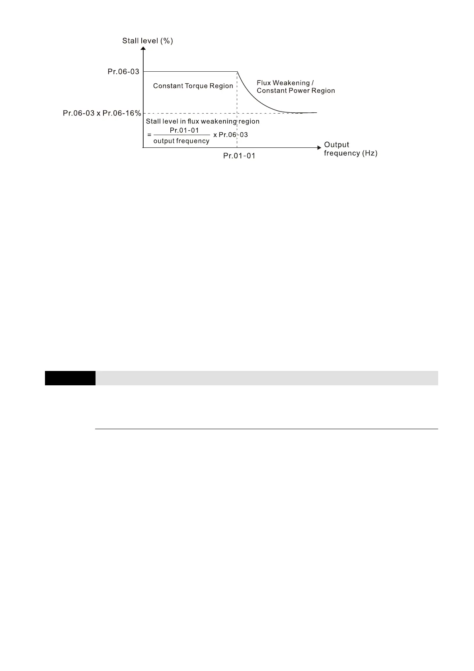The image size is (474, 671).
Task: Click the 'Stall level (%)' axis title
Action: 147,41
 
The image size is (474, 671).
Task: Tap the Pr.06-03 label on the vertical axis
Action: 123,72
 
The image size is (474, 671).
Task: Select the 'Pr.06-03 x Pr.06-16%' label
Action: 102,113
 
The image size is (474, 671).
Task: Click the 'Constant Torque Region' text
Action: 193,86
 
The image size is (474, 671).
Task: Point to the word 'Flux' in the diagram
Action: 263,83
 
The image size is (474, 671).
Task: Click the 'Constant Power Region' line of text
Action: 296,91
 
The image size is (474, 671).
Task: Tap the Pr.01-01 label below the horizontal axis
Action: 239,156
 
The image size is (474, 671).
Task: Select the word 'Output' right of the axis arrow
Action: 336,145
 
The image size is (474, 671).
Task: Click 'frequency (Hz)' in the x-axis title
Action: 350,153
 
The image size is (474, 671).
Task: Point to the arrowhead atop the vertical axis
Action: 143,49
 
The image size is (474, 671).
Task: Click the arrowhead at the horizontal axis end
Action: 318,148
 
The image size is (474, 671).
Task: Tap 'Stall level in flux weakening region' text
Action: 203,122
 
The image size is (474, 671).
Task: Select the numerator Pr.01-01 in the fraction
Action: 184,130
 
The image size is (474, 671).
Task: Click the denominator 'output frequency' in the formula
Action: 181,141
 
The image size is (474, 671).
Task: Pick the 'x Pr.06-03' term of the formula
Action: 230,135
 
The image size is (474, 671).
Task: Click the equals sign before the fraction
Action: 149,135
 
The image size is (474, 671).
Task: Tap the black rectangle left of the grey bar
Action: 70,378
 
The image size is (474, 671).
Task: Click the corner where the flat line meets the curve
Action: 237,72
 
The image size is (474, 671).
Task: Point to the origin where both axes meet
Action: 143,148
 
